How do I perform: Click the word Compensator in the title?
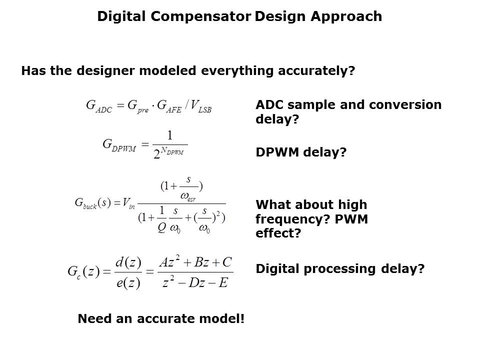(200, 16)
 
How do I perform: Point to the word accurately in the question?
(316, 71)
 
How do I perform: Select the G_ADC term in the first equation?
(99, 106)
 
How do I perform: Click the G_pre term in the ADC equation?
(138, 106)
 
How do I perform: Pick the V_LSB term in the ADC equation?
(201, 106)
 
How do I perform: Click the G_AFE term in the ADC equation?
(169, 106)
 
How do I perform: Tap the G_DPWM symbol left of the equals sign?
(119, 144)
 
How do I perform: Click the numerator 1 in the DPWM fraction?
(170, 135)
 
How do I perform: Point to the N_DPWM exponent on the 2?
(172, 150)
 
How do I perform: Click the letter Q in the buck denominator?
(162, 227)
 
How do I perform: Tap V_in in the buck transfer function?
(128, 203)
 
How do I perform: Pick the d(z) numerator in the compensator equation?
(128, 262)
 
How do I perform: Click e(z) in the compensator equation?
(128, 282)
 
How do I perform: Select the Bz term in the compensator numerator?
(201, 262)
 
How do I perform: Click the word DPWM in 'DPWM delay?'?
(277, 152)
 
